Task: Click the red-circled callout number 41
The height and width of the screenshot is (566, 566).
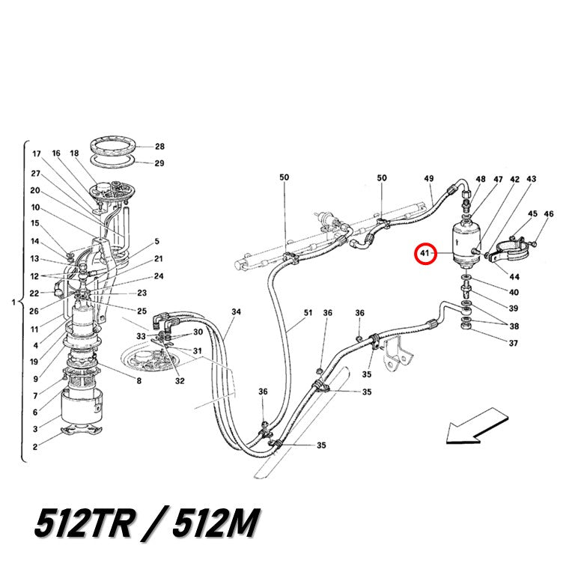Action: pyautogui.click(x=424, y=253)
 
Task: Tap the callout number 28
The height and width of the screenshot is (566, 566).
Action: pyautogui.click(x=160, y=146)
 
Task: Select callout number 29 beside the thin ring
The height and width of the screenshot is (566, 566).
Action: pyautogui.click(x=159, y=163)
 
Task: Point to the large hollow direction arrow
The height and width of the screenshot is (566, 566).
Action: pyautogui.click(x=476, y=426)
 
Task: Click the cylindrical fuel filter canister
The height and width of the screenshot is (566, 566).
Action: pyautogui.click(x=466, y=242)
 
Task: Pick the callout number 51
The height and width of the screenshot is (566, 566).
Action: pyautogui.click(x=308, y=312)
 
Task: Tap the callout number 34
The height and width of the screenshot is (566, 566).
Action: pyautogui.click(x=236, y=311)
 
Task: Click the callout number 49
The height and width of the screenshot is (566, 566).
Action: pyautogui.click(x=429, y=178)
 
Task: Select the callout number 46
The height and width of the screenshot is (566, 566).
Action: pyautogui.click(x=549, y=213)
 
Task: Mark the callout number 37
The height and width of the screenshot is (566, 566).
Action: pyautogui.click(x=514, y=343)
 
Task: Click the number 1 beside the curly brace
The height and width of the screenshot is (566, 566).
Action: pyautogui.click(x=13, y=302)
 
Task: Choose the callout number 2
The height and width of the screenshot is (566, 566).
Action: pyautogui.click(x=35, y=446)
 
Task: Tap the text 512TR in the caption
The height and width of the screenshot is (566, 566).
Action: pyautogui.click(x=84, y=523)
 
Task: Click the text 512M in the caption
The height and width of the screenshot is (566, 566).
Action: pyautogui.click(x=216, y=523)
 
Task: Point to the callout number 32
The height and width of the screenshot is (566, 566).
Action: pyautogui.click(x=180, y=381)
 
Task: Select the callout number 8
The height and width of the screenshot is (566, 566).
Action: pyautogui.click(x=139, y=380)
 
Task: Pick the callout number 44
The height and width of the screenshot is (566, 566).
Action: pyautogui.click(x=514, y=276)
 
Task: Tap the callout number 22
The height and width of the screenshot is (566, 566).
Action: pyautogui.click(x=34, y=293)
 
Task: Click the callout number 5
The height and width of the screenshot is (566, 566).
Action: pyautogui.click(x=157, y=241)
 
